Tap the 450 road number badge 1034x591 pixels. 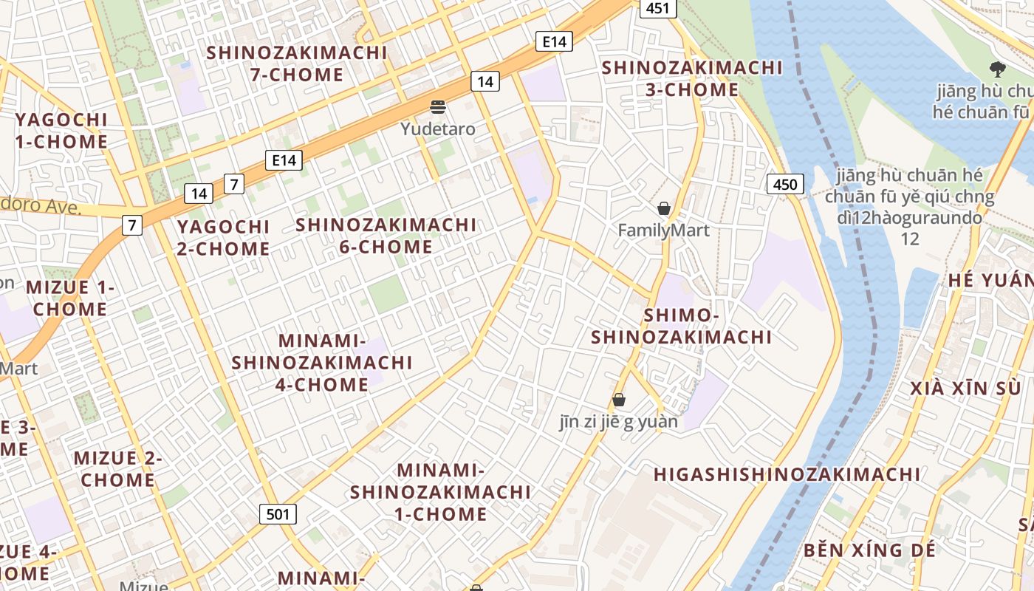tap(784, 184)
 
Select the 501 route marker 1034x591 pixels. tap(278, 514)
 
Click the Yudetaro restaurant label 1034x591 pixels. tap(438, 129)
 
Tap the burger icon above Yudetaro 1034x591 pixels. tap(438, 107)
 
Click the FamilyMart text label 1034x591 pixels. tap(663, 230)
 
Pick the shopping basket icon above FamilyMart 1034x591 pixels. tap(664, 208)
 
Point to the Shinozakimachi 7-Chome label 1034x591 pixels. tap(297, 64)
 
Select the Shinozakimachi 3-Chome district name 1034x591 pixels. tap(692, 78)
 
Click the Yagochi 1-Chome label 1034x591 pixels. tap(61, 130)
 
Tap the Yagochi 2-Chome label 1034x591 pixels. tap(223, 237)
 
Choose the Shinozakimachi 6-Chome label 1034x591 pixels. tap(386, 235)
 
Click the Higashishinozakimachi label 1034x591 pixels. tap(787, 474)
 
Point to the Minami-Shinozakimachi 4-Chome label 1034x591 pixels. tap(322, 363)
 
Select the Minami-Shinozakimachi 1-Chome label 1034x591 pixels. tap(440, 492)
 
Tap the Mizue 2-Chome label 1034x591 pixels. tap(117, 468)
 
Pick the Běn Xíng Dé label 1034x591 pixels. tap(869, 550)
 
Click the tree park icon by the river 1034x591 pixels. tap(998, 69)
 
